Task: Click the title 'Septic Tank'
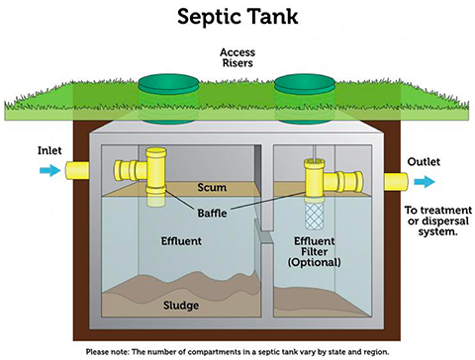[237, 17]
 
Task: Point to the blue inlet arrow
[47, 171]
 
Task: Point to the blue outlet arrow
[424, 181]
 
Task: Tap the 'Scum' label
[214, 187]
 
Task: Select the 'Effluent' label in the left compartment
[181, 240]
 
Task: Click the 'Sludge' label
[181, 304]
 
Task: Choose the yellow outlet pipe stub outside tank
[391, 181]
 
